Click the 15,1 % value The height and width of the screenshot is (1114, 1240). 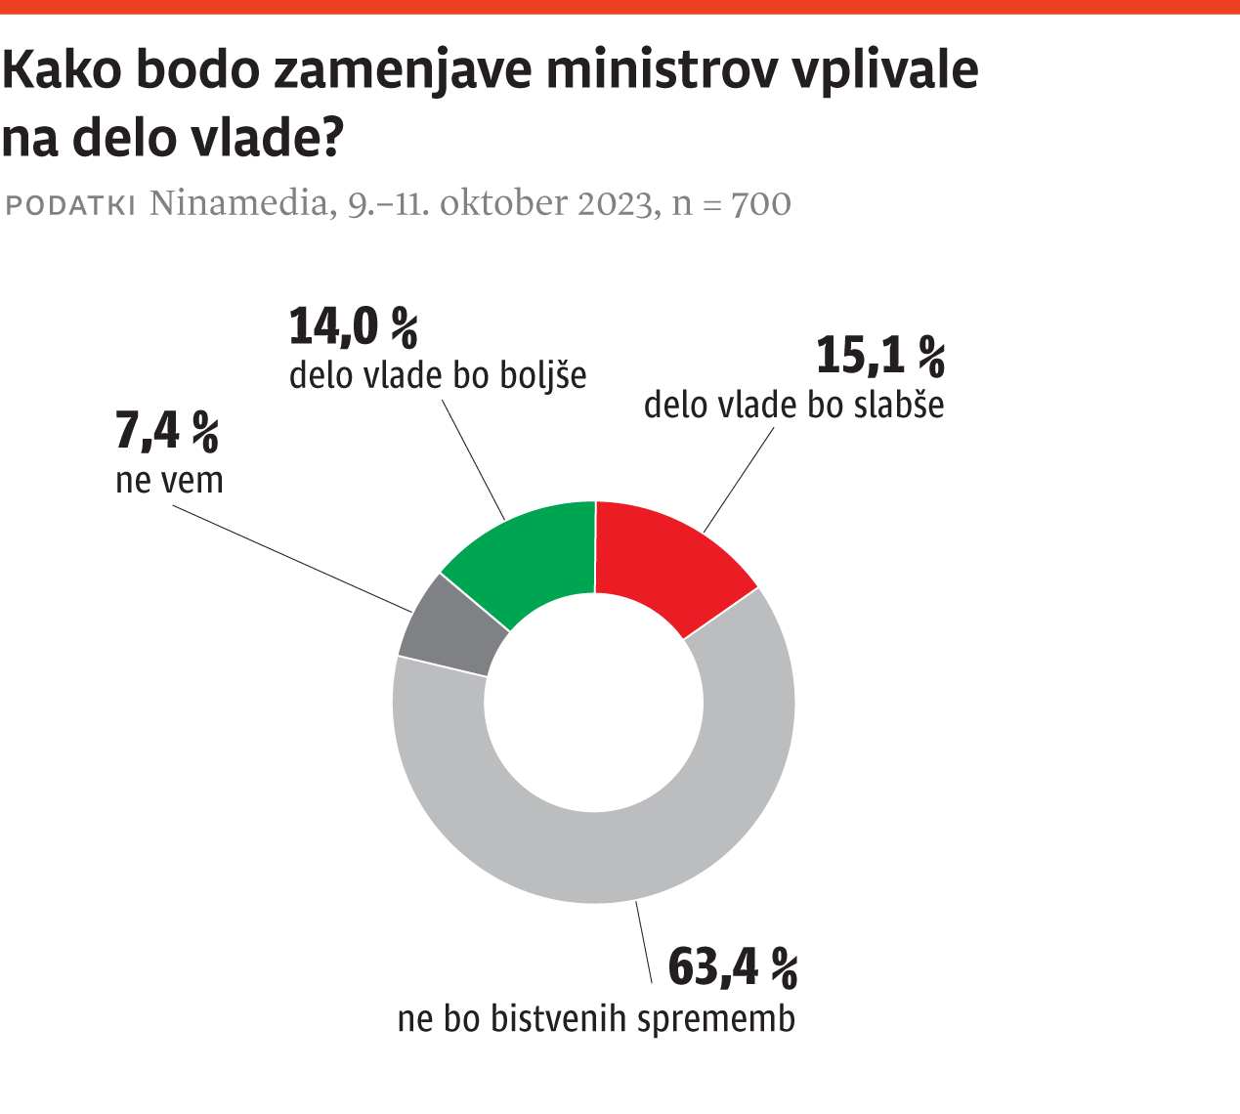tap(880, 356)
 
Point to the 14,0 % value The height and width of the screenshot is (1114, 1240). tap(354, 326)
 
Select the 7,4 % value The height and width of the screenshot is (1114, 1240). tap(167, 432)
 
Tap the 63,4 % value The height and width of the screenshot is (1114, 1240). tap(733, 967)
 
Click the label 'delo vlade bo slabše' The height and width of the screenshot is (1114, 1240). tap(793, 405)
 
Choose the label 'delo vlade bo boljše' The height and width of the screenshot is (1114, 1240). tap(438, 376)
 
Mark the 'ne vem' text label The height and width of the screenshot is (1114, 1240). tap(169, 481)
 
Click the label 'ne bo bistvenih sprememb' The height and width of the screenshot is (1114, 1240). tap(596, 1019)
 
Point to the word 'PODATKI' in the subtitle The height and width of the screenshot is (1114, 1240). tap(70, 205)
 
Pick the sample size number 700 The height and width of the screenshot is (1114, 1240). tap(761, 204)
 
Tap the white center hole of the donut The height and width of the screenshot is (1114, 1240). tap(594, 703)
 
